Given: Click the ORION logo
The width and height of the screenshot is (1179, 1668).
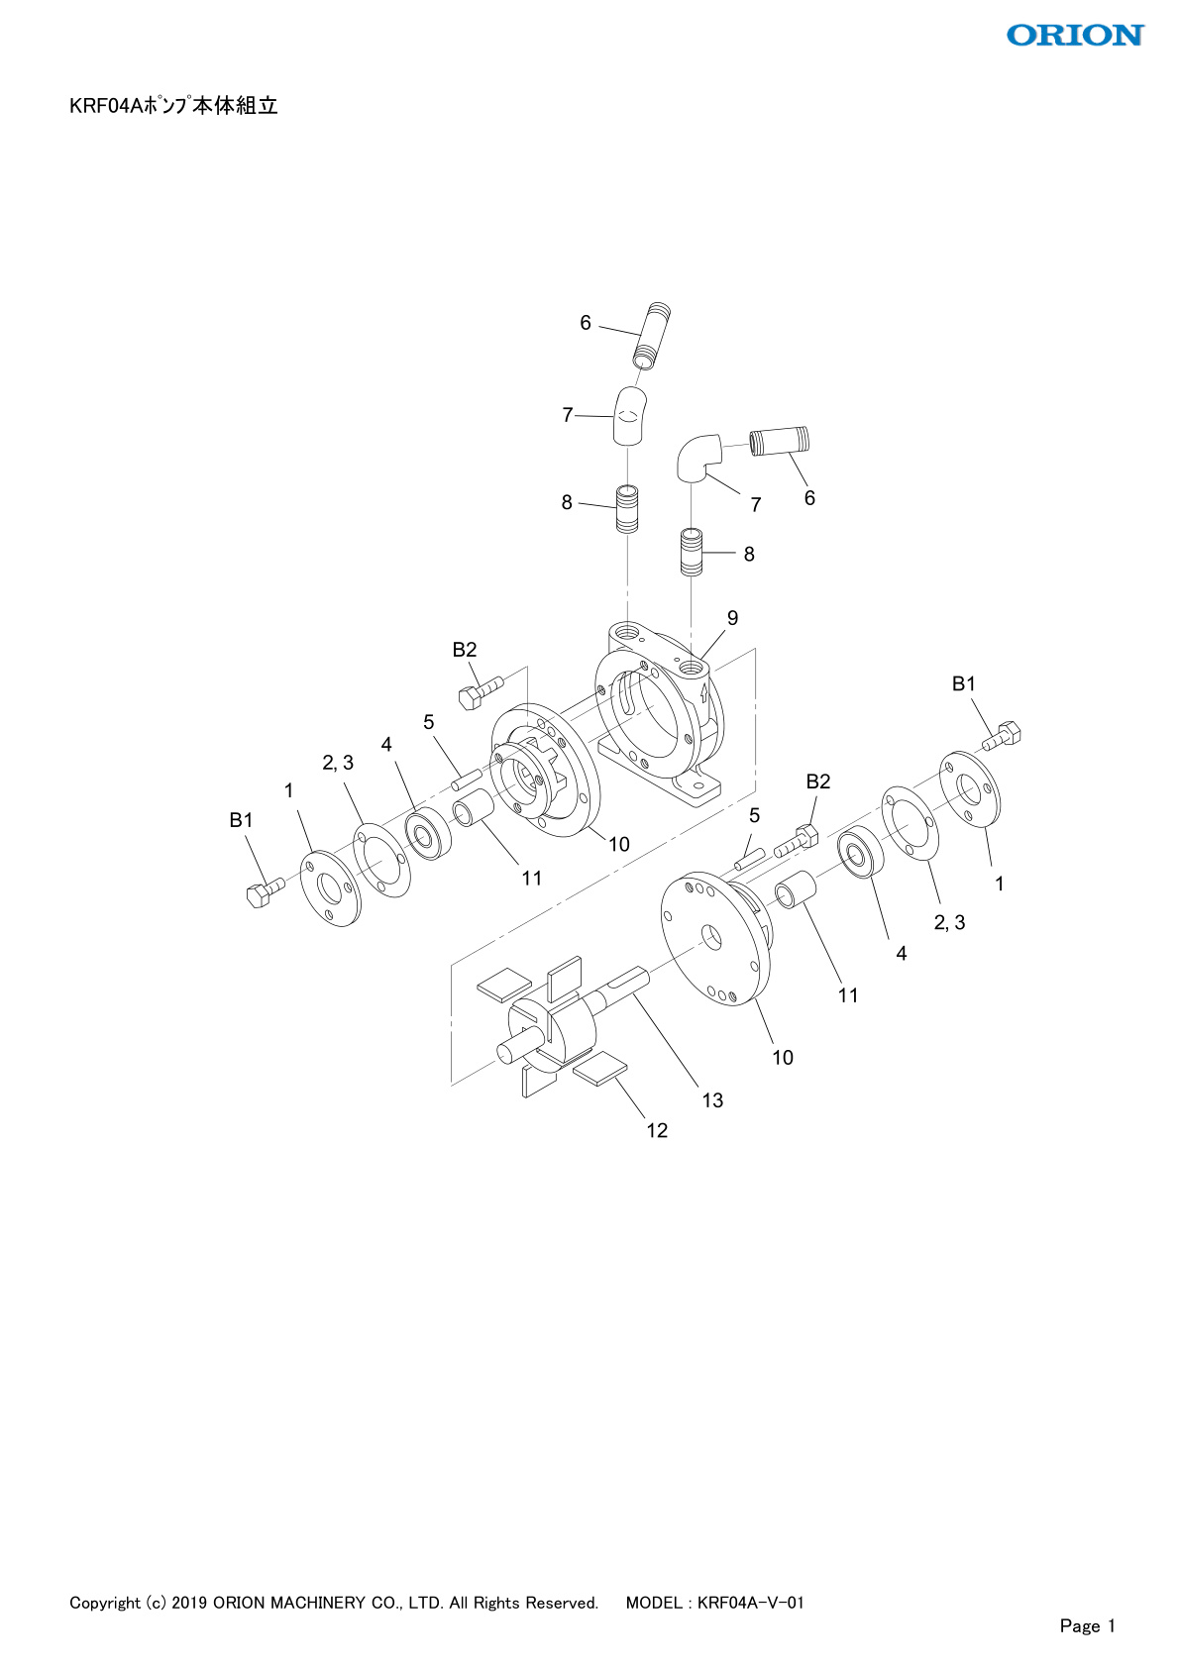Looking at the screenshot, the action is coord(1075,35).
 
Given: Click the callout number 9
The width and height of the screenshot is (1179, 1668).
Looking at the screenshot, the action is coord(732,617).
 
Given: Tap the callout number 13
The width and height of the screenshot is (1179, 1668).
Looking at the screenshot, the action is coord(712,1099).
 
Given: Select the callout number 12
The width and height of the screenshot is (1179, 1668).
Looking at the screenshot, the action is coord(656,1130).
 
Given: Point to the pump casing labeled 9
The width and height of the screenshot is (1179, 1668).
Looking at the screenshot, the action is coord(659,715).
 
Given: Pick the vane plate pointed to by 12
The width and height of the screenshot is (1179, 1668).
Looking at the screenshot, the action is coord(600,1070).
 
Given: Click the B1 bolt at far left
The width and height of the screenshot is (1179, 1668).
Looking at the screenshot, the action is coord(266,890).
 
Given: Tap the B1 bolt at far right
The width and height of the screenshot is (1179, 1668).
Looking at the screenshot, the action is coord(1002,735).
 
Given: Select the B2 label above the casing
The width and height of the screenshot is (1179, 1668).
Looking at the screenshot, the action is coord(464,650).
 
